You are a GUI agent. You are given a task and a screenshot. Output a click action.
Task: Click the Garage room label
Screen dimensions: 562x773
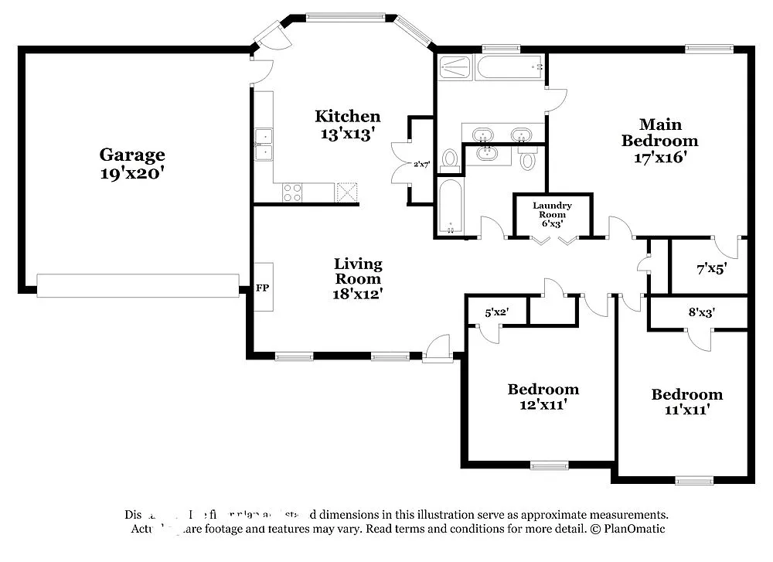pyautogui.click(x=131, y=155)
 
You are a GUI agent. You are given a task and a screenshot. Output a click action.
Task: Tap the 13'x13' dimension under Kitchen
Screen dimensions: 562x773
pyautogui.click(x=347, y=133)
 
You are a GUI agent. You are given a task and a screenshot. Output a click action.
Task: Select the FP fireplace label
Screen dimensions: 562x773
pyautogui.click(x=263, y=288)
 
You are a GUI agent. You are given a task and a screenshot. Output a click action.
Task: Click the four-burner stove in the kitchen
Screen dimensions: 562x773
pyautogui.click(x=293, y=192)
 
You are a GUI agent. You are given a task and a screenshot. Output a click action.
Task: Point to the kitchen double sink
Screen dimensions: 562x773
pyautogui.click(x=264, y=145)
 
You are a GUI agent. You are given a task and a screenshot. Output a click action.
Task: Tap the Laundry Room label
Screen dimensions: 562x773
pyautogui.click(x=552, y=209)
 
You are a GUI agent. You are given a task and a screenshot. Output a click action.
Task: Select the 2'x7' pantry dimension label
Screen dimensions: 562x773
pyautogui.click(x=422, y=164)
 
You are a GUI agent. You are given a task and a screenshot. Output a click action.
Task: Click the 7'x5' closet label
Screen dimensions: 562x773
pyautogui.click(x=711, y=269)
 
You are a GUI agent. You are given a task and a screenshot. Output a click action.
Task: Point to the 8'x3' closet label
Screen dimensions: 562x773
pyautogui.click(x=700, y=314)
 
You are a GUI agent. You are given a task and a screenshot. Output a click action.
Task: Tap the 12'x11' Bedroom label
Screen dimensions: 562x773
pyautogui.click(x=543, y=397)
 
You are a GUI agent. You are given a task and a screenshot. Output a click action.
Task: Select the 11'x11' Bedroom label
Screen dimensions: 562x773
pyautogui.click(x=686, y=402)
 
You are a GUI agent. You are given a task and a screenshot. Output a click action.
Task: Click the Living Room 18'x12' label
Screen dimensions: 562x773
pyautogui.click(x=357, y=278)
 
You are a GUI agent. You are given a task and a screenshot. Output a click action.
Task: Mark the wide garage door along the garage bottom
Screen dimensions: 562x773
pyautogui.click(x=138, y=285)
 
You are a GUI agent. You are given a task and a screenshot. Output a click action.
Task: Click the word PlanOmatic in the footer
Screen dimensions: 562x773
pyautogui.click(x=634, y=529)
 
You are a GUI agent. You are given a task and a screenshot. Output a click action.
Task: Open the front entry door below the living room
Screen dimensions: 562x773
pyautogui.click(x=438, y=349)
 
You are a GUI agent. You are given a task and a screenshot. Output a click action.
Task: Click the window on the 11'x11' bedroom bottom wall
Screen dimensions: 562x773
pyautogui.click(x=694, y=480)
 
